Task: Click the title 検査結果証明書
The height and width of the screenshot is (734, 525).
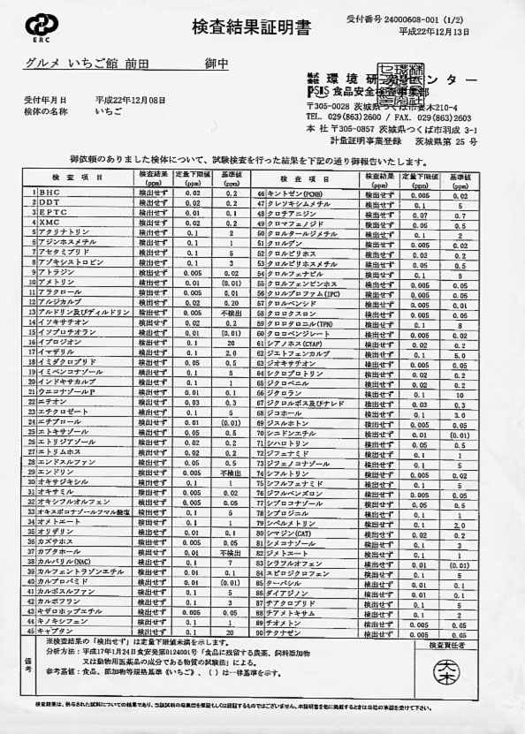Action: pyautogui.click(x=262, y=27)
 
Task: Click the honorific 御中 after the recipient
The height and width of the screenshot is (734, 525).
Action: pyautogui.click(x=216, y=64)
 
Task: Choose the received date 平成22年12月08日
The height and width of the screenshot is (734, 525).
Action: pyautogui.click(x=130, y=100)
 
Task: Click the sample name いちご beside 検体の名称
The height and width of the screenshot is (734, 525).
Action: pyautogui.click(x=107, y=112)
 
